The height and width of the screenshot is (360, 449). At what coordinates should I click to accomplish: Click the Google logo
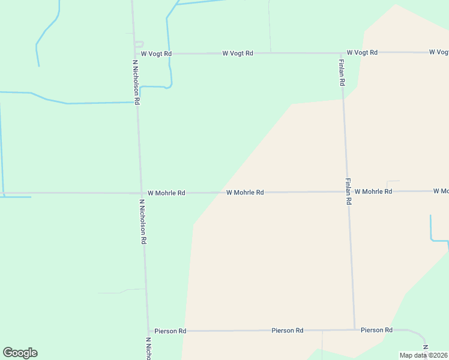point(20,353)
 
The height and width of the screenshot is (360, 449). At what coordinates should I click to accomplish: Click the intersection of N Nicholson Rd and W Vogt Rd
point(135,53)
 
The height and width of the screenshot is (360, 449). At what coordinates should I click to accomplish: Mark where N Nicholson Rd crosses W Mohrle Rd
point(140,193)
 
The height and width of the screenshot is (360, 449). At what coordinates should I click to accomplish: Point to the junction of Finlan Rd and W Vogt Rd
point(341,53)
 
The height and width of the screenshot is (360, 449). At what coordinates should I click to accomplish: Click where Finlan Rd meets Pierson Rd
point(354,330)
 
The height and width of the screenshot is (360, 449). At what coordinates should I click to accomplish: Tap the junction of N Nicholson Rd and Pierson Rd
point(148,331)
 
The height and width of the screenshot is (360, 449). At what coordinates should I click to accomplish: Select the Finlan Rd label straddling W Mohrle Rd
point(348,192)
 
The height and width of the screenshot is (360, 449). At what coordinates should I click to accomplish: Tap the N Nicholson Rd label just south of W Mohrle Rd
point(143,221)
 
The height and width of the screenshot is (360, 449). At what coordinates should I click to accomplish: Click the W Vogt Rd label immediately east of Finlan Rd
point(362,53)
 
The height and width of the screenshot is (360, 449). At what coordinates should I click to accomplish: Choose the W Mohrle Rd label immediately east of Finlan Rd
point(373,191)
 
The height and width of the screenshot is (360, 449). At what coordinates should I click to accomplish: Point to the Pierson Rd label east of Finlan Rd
point(376,330)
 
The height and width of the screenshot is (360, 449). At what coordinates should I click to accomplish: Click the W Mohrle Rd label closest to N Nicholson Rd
point(166,193)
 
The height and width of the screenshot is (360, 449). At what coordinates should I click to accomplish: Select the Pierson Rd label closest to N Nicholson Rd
point(170,331)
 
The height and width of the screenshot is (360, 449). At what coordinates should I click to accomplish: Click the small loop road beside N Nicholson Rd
point(140,44)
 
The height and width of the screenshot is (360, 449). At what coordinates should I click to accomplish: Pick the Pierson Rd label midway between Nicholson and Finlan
point(287,330)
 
